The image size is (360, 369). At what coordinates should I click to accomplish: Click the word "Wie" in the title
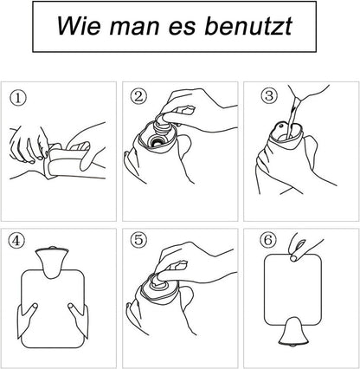(x=79, y=26)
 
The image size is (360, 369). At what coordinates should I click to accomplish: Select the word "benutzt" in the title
(x=248, y=26)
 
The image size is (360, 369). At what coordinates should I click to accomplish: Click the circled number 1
(x=18, y=98)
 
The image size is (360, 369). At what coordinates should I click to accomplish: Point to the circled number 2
(x=138, y=97)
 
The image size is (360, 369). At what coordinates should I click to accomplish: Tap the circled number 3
(x=269, y=95)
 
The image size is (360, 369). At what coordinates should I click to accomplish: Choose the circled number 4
(x=16, y=241)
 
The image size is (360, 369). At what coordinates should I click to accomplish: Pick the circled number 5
(x=138, y=240)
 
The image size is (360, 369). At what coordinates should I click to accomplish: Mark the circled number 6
(x=268, y=240)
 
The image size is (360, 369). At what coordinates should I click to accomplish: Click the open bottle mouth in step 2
(x=157, y=141)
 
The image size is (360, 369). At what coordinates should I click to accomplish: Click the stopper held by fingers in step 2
(x=163, y=124)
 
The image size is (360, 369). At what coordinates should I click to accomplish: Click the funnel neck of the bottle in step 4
(x=52, y=262)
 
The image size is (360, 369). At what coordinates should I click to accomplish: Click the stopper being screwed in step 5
(x=161, y=281)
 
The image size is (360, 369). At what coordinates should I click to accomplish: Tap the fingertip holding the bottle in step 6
(x=294, y=257)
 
